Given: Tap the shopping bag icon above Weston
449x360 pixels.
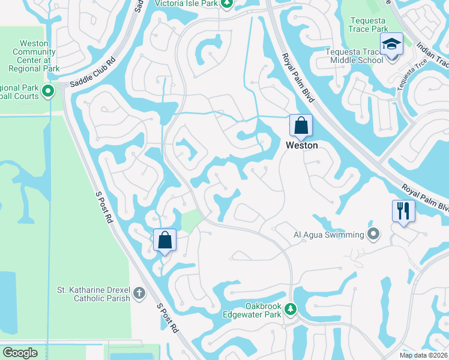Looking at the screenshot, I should (301, 126).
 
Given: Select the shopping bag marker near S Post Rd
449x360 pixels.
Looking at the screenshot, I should (164, 240).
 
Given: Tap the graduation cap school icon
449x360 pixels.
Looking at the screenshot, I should (391, 44).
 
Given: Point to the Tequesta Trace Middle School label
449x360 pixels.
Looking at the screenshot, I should (354, 56).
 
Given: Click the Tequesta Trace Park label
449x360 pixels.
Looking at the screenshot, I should (369, 24).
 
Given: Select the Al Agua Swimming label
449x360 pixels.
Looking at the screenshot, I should (329, 235).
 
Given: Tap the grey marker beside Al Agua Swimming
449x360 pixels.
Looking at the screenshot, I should (374, 234).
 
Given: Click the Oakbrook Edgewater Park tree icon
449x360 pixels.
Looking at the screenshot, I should (291, 309).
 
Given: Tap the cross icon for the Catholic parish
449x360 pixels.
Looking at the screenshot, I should (139, 293).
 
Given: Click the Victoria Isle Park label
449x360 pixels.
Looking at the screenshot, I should (186, 3).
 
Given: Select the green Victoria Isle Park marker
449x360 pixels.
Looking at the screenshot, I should (227, 4).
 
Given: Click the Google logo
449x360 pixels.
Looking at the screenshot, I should (20, 353).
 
